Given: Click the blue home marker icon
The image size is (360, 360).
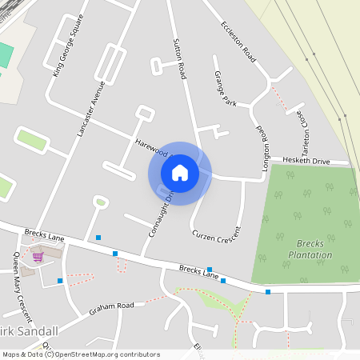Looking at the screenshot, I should click(180, 173).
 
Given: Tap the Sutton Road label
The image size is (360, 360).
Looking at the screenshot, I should click(179, 58).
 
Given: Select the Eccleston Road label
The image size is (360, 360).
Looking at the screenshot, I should click(237, 42).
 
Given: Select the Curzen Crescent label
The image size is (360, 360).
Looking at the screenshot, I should click(216, 224).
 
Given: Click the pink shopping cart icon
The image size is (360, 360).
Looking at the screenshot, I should click(38, 257).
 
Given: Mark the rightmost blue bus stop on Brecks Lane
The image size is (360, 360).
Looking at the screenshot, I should click(268, 292).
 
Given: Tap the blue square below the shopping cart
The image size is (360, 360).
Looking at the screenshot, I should click(60, 281).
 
